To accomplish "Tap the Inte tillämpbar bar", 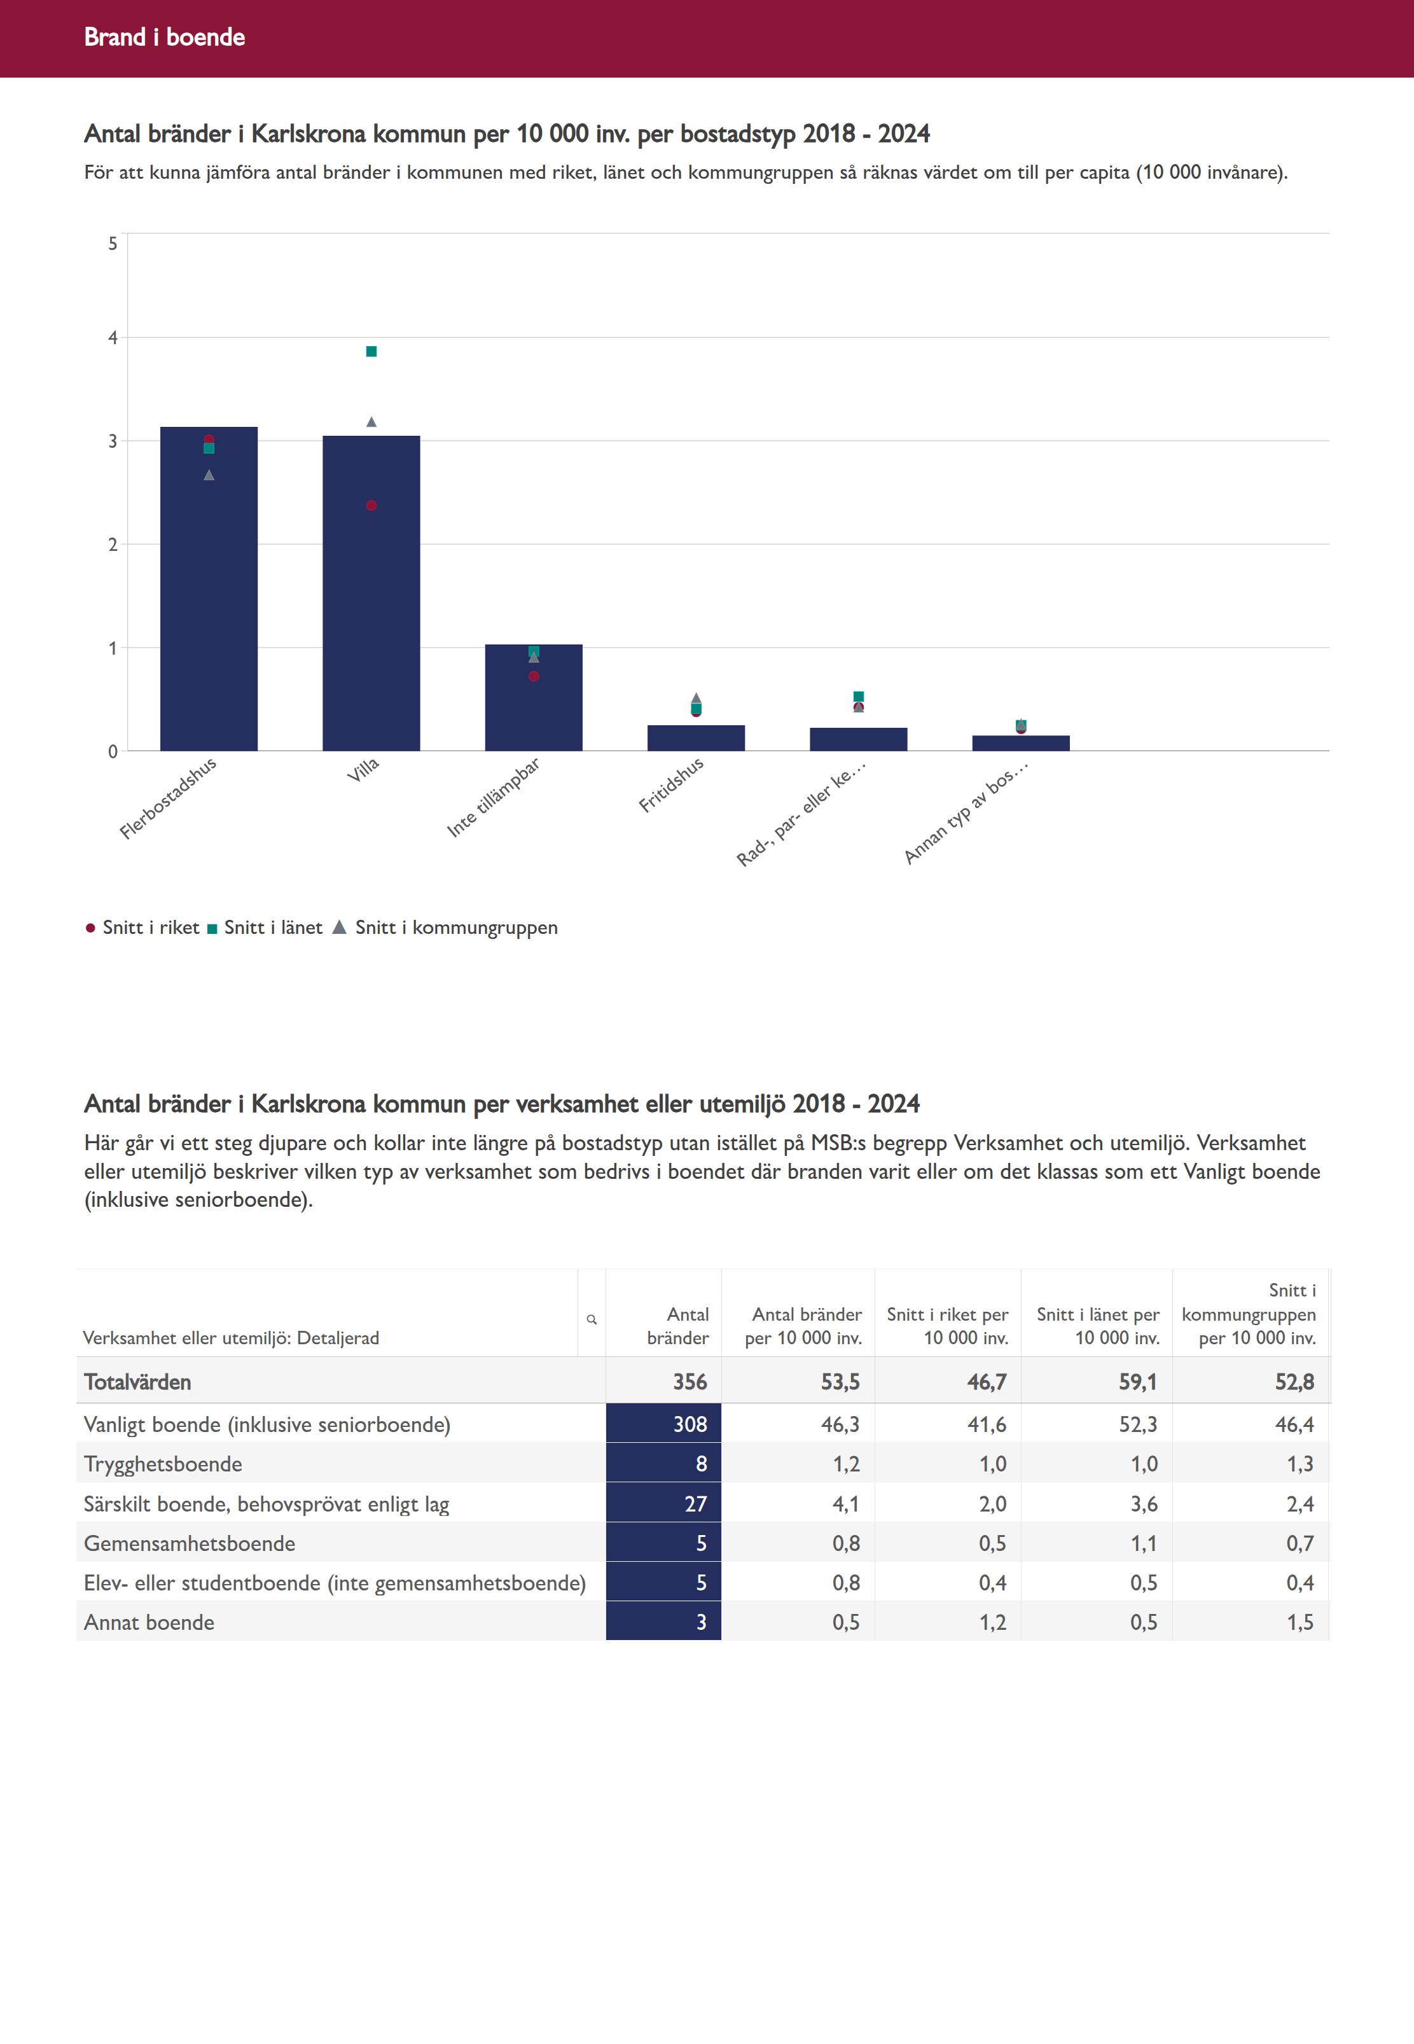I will tap(533, 709).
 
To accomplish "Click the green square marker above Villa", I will tap(371, 352).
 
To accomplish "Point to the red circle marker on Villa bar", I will tap(371, 506).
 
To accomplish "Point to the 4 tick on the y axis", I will tap(113, 338).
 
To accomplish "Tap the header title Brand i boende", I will tap(165, 37).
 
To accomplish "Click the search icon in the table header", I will tap(592, 1319).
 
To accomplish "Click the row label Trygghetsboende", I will tap(163, 1464).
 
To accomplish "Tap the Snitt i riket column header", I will tap(947, 1326).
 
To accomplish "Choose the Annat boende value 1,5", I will tap(1300, 1622).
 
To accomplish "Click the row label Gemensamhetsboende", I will tap(190, 1543).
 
